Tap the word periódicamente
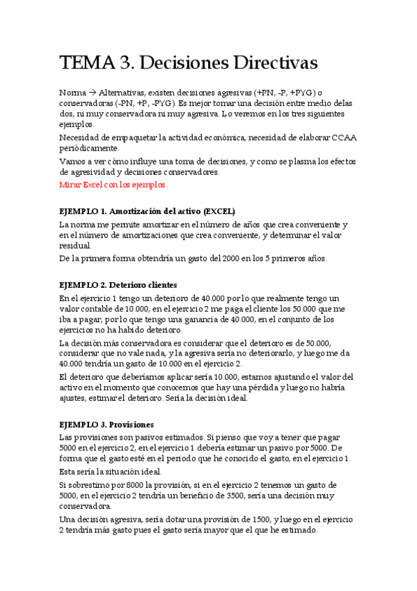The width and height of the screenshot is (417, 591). (90, 148)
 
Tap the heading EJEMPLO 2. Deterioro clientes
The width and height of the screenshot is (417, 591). (119, 285)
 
